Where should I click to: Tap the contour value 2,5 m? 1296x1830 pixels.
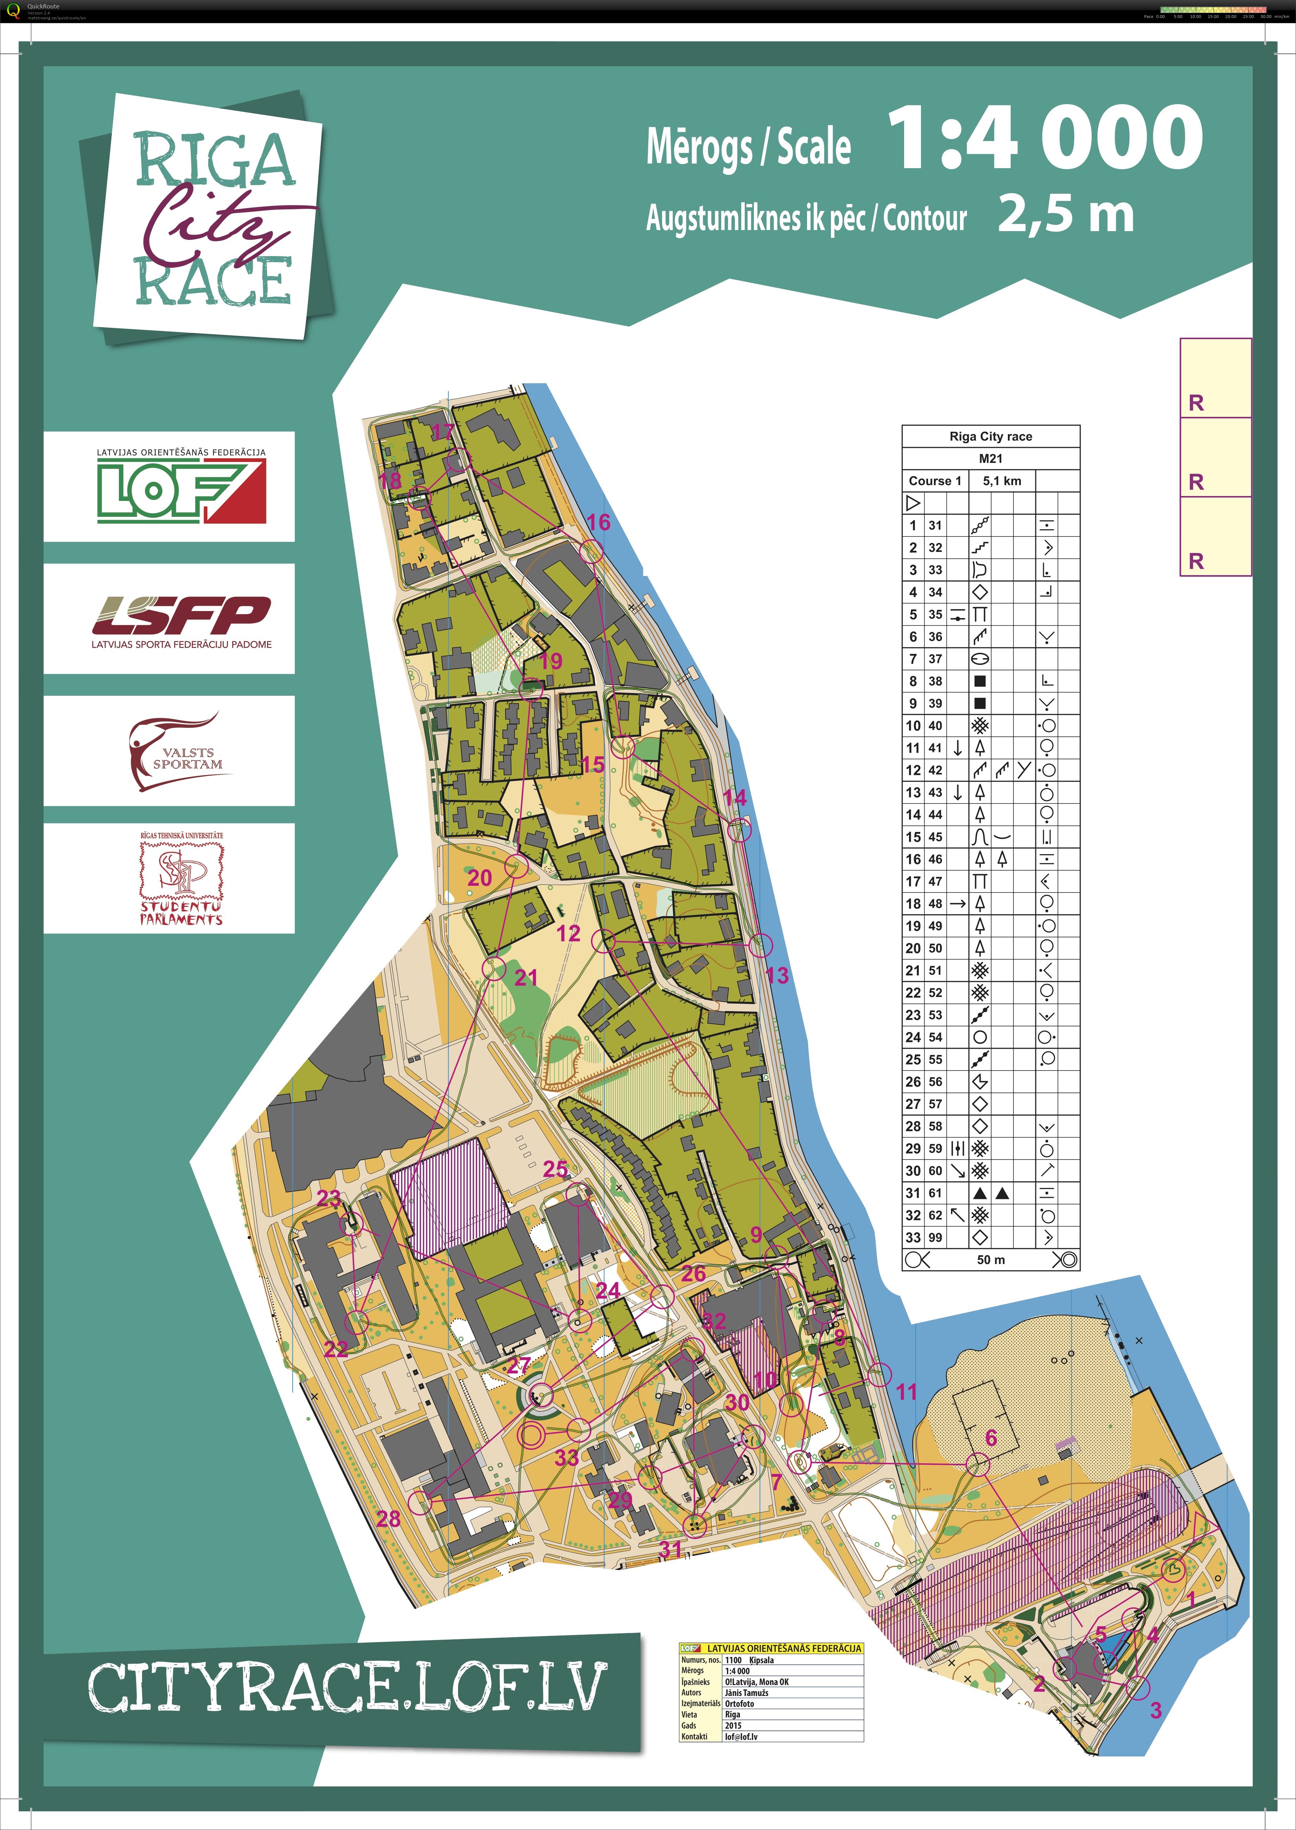(1065, 215)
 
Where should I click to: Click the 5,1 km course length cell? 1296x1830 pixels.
(1002, 481)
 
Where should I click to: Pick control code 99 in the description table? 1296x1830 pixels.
(934, 1237)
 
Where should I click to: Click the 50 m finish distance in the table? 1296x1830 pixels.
(990, 1259)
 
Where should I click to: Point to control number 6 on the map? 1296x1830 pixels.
(990, 1437)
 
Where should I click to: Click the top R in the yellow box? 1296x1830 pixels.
(1195, 403)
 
